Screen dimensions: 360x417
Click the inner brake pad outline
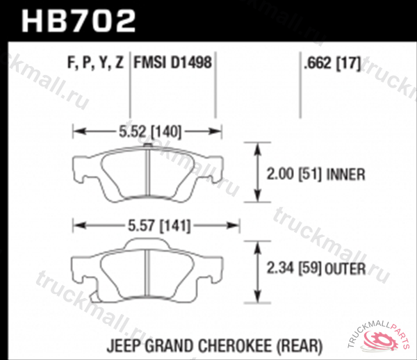[149, 174]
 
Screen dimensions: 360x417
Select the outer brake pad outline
[149, 269]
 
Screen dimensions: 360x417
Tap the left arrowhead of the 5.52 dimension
[78, 129]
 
